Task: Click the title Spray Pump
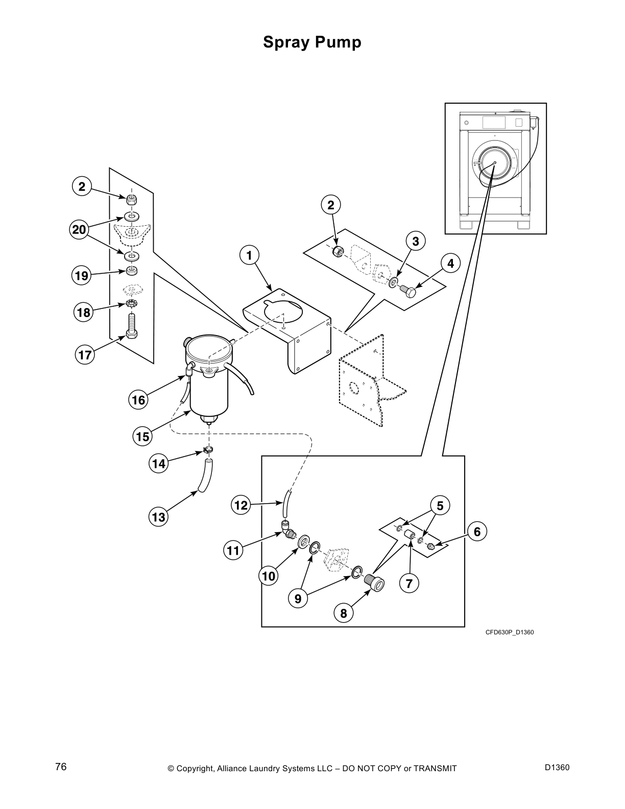click(312, 42)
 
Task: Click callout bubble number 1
click(249, 254)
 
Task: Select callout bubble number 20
click(79, 230)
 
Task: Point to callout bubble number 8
click(344, 613)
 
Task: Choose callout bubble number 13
click(159, 517)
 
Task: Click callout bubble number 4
click(450, 264)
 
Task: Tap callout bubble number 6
click(477, 532)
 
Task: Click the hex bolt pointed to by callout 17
click(131, 327)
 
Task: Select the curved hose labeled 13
click(206, 475)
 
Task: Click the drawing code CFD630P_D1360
click(509, 632)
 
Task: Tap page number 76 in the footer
click(61, 767)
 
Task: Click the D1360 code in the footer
click(557, 767)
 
